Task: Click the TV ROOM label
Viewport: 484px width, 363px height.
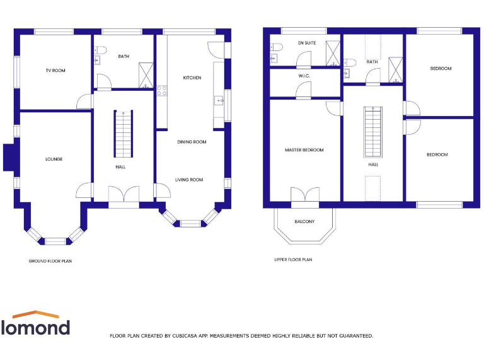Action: [x=55, y=71]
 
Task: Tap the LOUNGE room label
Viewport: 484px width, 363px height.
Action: [x=54, y=159]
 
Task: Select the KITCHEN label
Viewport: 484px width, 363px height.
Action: [x=192, y=78]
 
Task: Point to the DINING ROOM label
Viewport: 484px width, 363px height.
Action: [x=192, y=142]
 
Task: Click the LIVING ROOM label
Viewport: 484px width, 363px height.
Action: [x=189, y=180]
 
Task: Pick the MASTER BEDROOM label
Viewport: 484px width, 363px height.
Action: [x=304, y=150]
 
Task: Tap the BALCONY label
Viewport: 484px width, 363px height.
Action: [x=304, y=222]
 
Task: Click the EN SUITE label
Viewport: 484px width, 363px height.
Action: [x=307, y=43]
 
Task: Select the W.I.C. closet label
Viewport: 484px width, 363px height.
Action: [x=304, y=76]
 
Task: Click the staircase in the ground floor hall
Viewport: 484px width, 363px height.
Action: [x=123, y=134]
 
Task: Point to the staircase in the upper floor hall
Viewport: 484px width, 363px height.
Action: [x=374, y=132]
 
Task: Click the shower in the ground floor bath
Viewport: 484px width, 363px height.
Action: [x=146, y=75]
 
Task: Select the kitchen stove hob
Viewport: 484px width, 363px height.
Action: [x=162, y=90]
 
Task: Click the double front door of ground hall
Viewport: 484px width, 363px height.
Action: [x=124, y=195]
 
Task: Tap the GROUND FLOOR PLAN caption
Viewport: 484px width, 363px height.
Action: [x=50, y=261]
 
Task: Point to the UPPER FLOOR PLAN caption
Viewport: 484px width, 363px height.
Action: [x=293, y=260]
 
